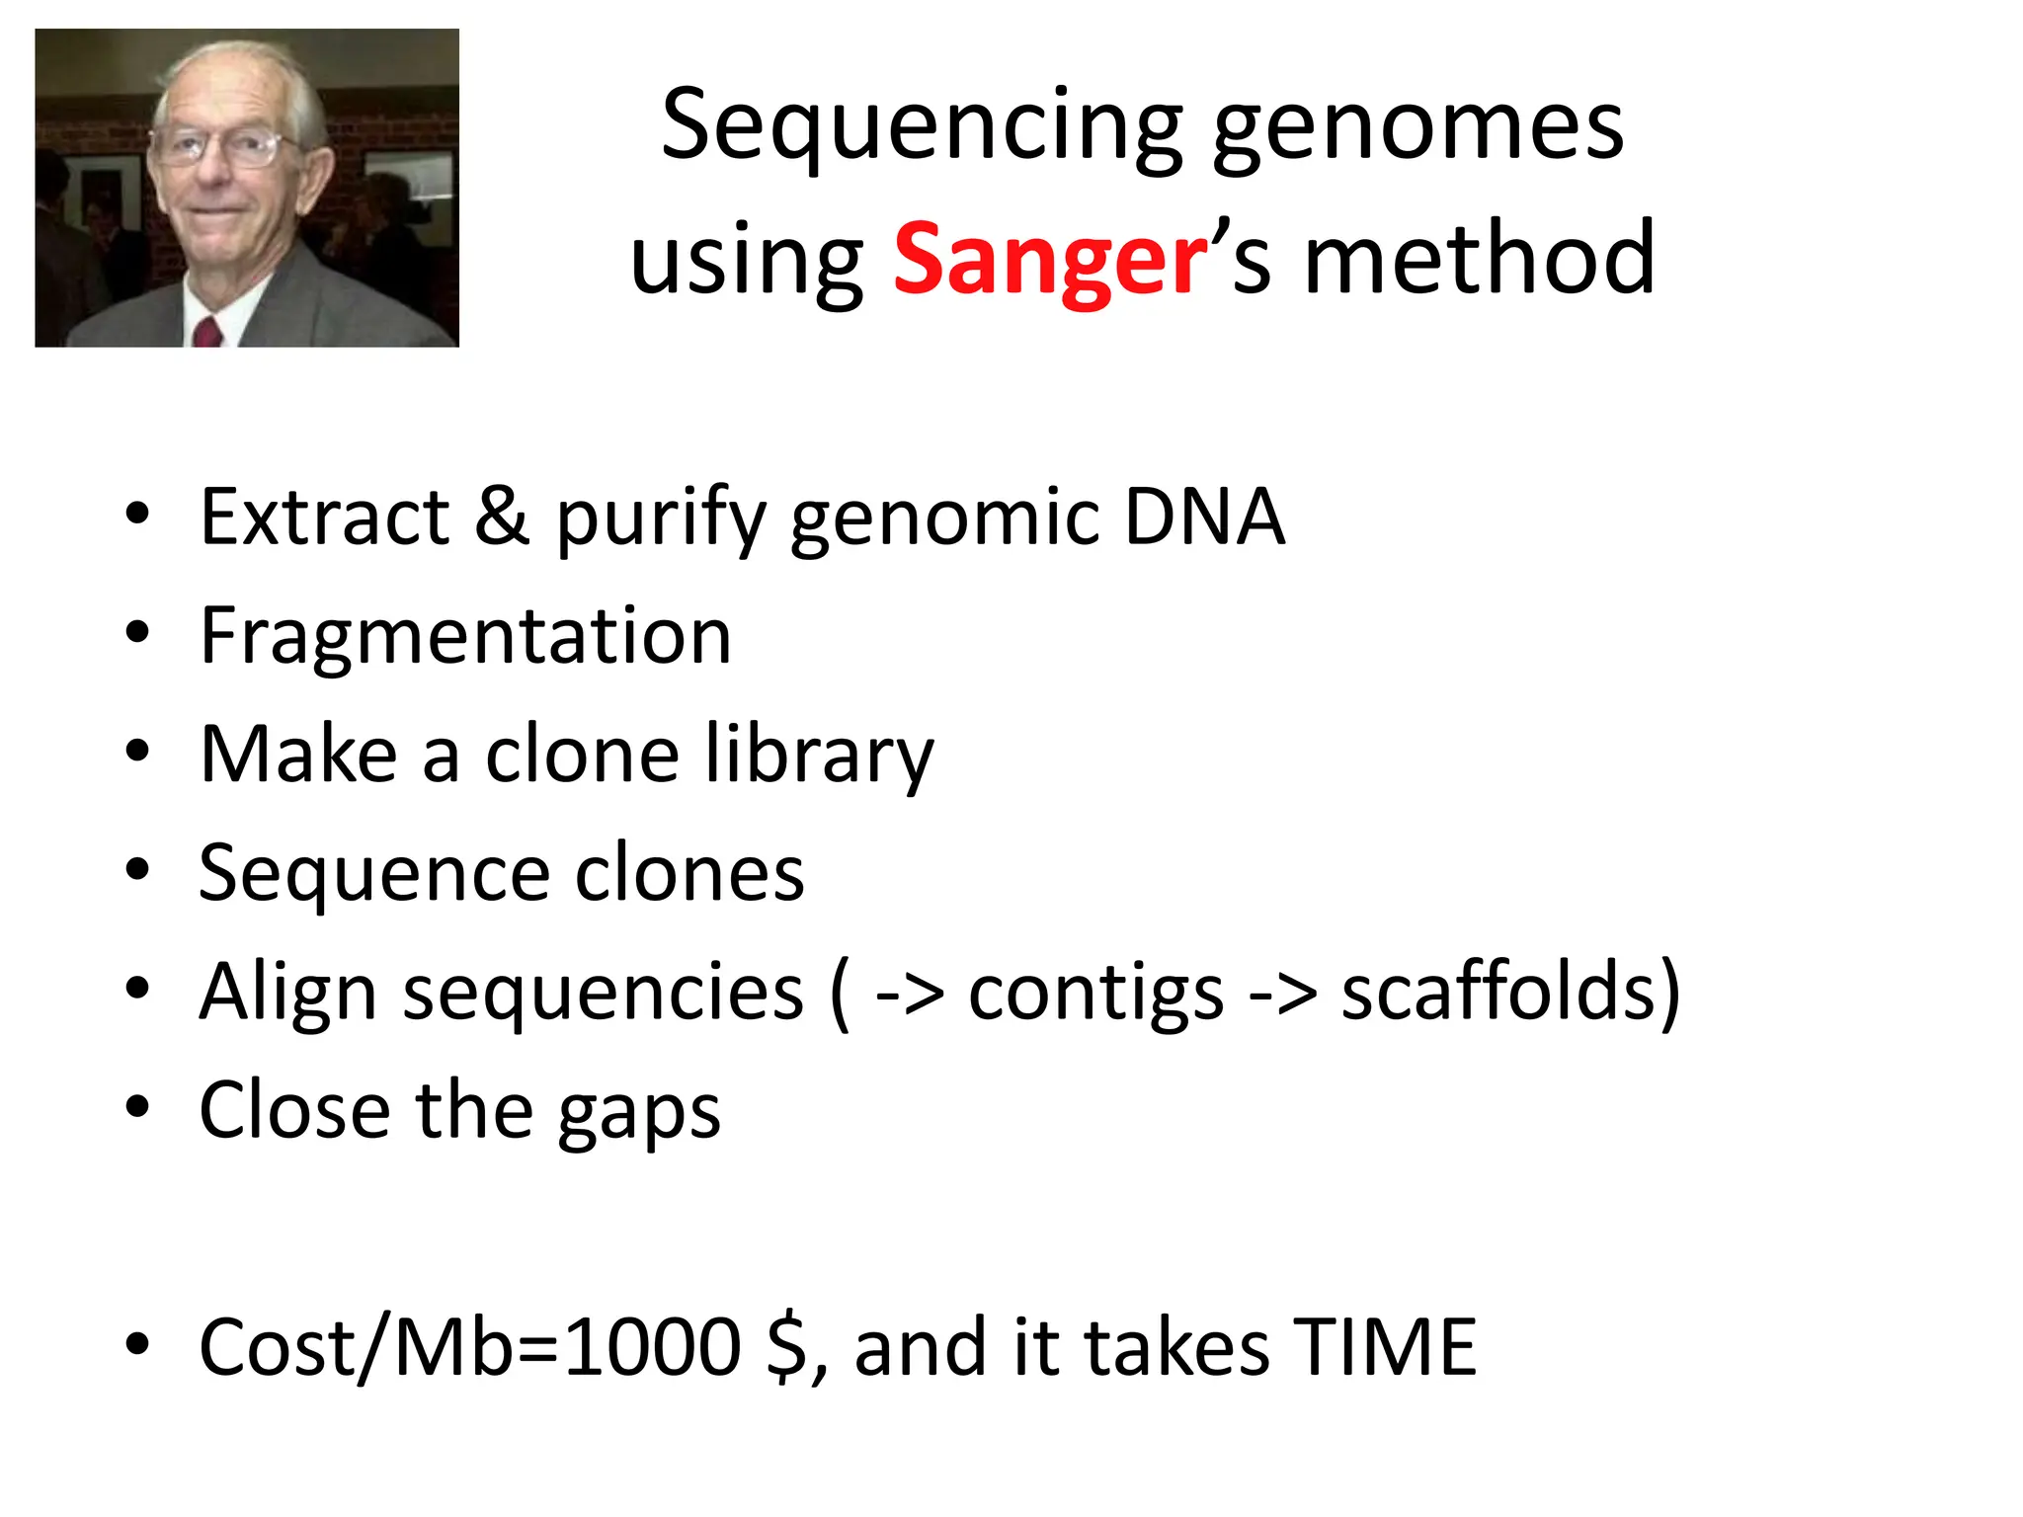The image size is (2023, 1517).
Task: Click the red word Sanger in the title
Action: click(x=1050, y=260)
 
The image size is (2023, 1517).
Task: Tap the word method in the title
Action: click(x=1479, y=260)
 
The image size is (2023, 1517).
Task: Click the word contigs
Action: click(x=1095, y=993)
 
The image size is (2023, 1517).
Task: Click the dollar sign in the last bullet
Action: click(x=787, y=1347)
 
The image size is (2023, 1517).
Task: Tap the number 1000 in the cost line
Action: click(x=653, y=1347)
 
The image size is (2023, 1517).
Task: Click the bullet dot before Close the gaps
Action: click(x=137, y=1107)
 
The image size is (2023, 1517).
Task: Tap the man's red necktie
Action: click(x=207, y=333)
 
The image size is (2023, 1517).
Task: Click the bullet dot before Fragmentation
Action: click(x=137, y=632)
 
